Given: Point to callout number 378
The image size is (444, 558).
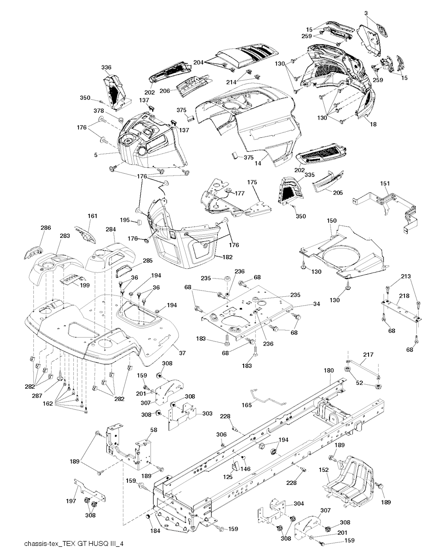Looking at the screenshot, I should click(99, 111).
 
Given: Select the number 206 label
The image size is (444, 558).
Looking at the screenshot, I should click(165, 91).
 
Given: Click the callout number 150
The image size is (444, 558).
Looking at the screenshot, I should click(331, 221).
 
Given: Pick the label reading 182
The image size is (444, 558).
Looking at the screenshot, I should click(215, 257).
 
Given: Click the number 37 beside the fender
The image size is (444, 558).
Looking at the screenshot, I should click(182, 353).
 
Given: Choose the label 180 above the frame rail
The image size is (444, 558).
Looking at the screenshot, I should click(329, 370).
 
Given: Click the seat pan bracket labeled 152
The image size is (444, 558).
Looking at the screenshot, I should click(351, 481).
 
